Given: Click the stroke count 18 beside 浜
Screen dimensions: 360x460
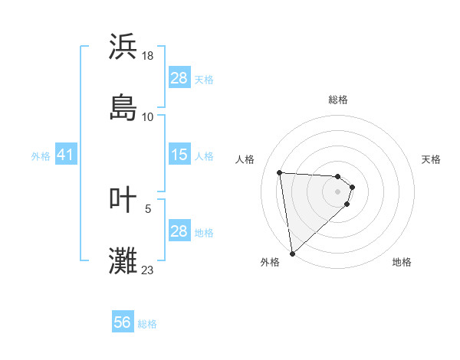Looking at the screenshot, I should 149,56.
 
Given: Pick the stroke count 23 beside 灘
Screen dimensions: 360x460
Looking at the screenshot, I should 148,270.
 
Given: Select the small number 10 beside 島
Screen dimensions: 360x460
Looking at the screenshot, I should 148,116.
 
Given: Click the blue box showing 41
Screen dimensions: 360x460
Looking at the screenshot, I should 65,155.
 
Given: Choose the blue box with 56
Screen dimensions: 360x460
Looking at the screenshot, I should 123,323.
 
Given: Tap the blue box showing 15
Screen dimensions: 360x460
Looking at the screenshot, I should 179,155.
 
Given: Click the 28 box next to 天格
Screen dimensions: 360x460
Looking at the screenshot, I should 179,78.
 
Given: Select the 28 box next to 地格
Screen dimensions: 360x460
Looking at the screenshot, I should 179,231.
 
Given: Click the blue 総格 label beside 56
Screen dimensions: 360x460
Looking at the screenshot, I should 147,324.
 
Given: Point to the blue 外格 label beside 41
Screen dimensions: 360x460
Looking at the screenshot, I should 41,156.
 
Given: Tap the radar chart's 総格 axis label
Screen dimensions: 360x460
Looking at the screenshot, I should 338,100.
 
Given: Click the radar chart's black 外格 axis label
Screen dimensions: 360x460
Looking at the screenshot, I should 270,262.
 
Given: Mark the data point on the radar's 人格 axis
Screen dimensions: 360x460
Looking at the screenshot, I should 280,172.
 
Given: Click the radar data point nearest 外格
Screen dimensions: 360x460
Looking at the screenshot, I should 292,252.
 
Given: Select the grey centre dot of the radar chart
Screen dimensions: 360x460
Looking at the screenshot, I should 338,202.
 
